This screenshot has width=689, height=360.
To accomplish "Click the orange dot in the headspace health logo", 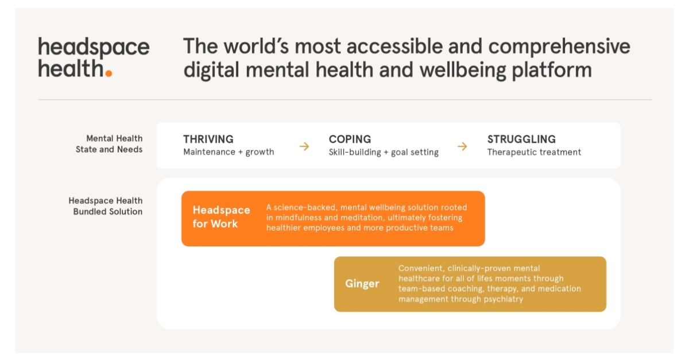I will coord(109,73).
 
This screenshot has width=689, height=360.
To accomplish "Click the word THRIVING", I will coord(208,139).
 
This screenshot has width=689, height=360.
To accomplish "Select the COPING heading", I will coord(350,139).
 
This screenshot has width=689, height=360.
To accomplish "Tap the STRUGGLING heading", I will coord(521,139).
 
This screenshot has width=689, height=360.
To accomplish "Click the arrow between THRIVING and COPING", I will coord(304,146).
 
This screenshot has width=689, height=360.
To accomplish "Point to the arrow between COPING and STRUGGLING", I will coord(462,146).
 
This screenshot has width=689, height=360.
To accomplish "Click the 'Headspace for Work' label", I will coord(221,217).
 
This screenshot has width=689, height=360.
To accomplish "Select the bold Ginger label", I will coord(362,284).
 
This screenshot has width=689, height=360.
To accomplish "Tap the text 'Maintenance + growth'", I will coord(229,152).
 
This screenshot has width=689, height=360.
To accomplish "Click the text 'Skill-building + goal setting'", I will coord(384,152).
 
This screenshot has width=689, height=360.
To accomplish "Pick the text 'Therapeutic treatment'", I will coord(534,152).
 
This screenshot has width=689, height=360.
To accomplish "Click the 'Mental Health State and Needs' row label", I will coord(109,144).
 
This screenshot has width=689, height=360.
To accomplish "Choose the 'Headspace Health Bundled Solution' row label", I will coord(106,206).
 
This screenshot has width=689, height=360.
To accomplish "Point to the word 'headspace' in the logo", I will coord(94,47).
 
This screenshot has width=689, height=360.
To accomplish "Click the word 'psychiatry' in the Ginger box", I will coord(504,299).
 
